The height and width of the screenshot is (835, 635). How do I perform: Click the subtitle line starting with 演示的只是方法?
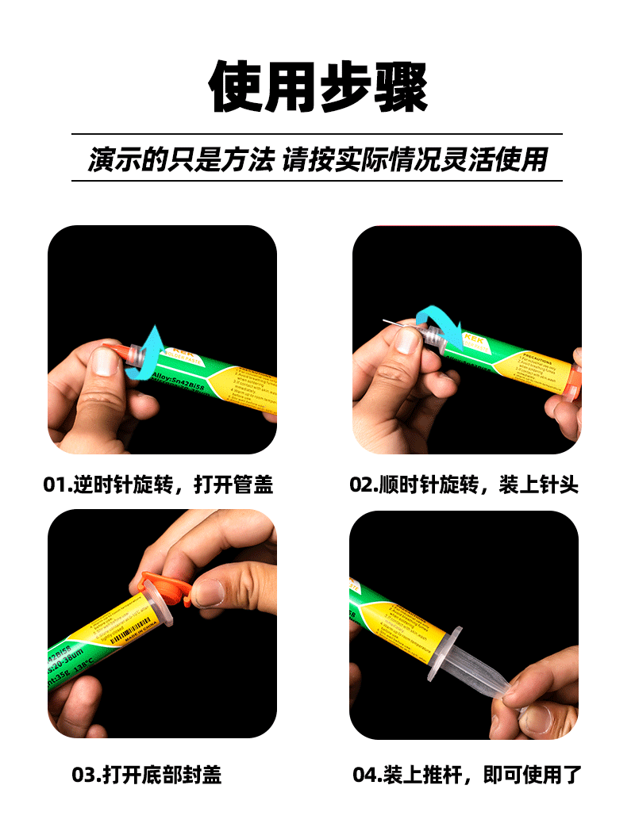tap(317, 159)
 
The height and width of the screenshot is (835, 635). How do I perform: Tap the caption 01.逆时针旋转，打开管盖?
tap(158, 484)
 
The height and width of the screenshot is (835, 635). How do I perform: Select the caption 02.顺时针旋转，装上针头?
tap(464, 484)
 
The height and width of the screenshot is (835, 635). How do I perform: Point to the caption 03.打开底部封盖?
tap(147, 775)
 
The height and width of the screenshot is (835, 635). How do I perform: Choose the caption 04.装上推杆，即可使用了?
tap(468, 775)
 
